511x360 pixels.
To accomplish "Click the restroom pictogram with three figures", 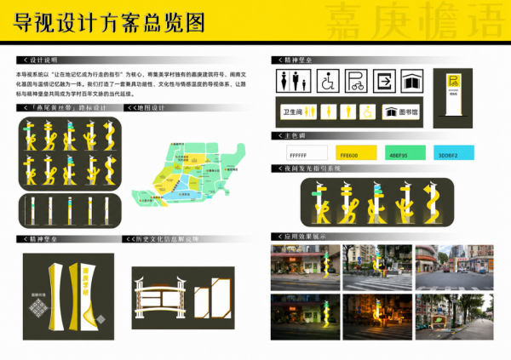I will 294,81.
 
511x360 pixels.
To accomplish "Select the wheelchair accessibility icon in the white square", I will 328,81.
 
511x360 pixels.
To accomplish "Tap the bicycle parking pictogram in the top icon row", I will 354,81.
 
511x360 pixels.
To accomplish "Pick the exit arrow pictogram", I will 383,81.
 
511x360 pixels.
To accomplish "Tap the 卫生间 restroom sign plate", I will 295,111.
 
